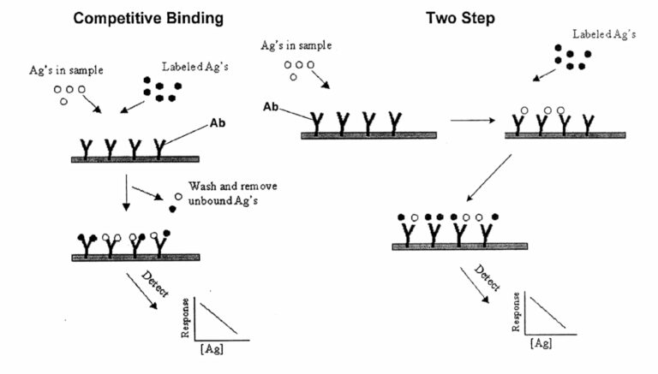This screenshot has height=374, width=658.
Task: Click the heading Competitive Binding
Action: (x=148, y=19)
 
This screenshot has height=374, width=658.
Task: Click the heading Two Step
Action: (x=460, y=18)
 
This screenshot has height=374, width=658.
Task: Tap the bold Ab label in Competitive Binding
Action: (x=218, y=123)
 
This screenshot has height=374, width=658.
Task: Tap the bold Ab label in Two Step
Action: (x=271, y=107)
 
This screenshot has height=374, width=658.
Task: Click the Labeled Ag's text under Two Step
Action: (x=604, y=34)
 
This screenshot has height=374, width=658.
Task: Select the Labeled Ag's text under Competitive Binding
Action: (x=195, y=67)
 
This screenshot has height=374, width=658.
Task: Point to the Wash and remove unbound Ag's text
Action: (x=232, y=193)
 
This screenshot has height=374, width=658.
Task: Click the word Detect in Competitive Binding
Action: (x=155, y=284)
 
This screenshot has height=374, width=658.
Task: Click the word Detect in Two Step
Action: (x=488, y=278)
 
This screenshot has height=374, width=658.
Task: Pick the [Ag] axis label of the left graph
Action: (x=212, y=349)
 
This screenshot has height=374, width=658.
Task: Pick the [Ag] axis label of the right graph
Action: (x=541, y=343)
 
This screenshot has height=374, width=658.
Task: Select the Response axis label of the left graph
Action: (x=185, y=318)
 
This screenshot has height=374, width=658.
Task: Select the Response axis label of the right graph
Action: (x=516, y=312)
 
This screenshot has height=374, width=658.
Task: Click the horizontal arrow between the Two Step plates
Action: (x=473, y=121)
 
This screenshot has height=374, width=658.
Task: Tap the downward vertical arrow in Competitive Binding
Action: (x=126, y=193)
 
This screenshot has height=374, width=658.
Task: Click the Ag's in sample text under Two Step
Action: (x=296, y=45)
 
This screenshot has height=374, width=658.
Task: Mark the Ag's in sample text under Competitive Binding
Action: (x=66, y=70)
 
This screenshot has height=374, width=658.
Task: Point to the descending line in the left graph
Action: (x=218, y=318)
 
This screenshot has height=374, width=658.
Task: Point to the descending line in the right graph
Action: (x=547, y=312)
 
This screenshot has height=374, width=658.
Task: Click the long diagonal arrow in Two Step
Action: (x=489, y=178)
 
